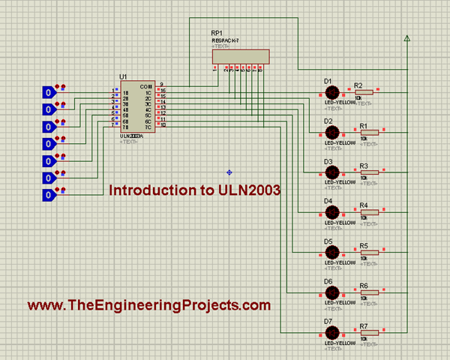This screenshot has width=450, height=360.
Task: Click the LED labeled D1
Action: click(x=332, y=92)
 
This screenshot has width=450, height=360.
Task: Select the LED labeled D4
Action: click(x=332, y=212)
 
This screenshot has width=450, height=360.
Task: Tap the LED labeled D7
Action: click(x=332, y=333)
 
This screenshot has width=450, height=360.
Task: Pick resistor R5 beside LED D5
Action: click(x=369, y=253)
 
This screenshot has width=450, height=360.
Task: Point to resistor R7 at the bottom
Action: click(x=369, y=333)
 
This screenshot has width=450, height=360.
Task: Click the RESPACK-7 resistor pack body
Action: click(x=240, y=57)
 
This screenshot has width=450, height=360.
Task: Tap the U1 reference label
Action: click(x=123, y=77)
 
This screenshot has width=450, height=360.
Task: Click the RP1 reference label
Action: click(x=216, y=34)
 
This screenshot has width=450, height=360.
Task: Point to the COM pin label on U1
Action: click(x=146, y=87)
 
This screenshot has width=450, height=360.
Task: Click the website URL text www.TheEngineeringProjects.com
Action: click(x=148, y=305)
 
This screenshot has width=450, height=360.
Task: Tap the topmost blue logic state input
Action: click(x=49, y=92)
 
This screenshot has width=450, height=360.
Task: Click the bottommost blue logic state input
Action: click(x=49, y=195)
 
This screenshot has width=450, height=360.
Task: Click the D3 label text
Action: click(x=328, y=161)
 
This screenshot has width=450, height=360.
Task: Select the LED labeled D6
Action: click(x=332, y=292)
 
